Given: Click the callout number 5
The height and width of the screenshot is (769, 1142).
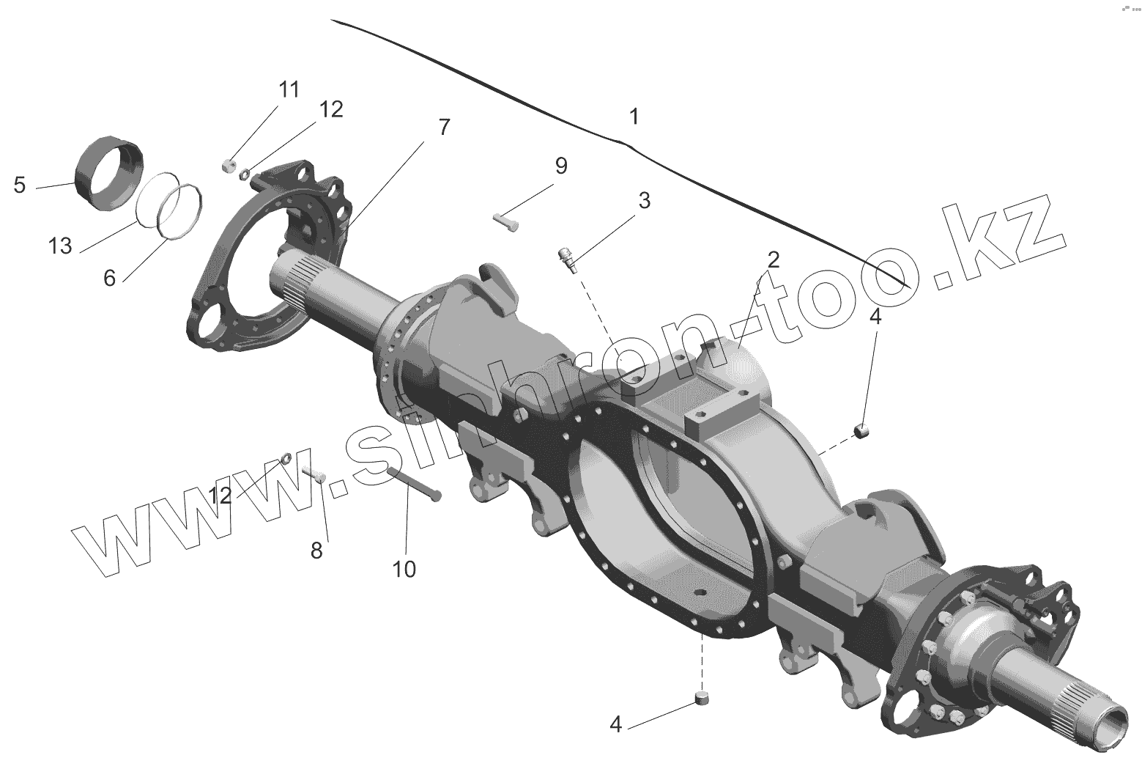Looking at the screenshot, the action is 20,185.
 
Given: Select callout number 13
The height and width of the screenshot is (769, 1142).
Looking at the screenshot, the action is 61,246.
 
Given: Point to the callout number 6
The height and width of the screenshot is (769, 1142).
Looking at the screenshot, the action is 109,278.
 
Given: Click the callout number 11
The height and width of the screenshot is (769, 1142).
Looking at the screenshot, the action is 289,90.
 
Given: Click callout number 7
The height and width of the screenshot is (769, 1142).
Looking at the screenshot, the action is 444,127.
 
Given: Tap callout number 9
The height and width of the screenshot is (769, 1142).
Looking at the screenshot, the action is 560,166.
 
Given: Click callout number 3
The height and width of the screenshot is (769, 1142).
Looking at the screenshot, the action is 643,200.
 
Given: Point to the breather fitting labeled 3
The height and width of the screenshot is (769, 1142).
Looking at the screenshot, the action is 567,259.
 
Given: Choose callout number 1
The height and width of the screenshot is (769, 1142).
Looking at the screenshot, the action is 634,117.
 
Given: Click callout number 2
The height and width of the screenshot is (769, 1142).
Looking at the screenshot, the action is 773,259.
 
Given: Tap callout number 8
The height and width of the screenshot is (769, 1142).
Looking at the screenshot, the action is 316,551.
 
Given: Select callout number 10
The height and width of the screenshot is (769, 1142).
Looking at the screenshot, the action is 404,568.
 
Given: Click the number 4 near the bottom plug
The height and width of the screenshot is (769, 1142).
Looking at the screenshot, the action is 615,724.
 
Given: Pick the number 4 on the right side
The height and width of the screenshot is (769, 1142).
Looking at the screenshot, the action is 875,317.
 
